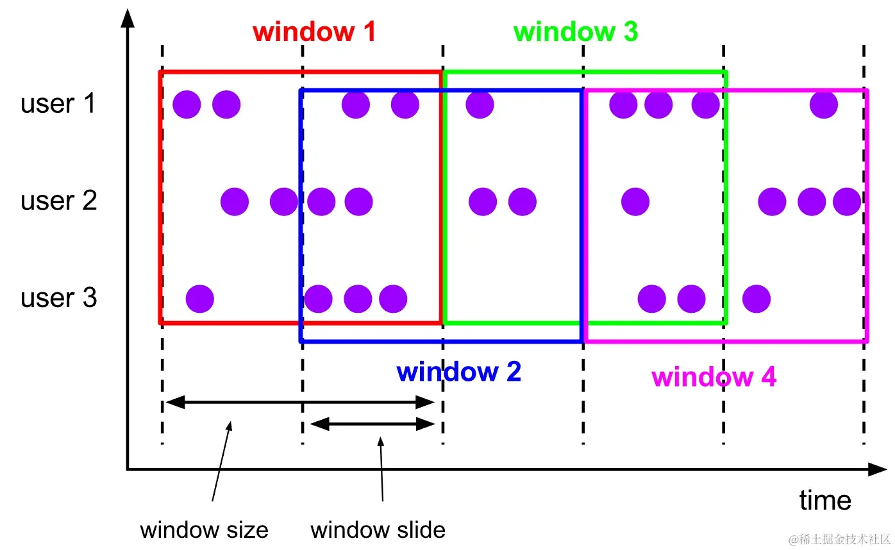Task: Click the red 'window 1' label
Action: point(314,31)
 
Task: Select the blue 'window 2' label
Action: point(458,372)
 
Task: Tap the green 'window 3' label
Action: point(576,31)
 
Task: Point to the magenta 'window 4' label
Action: point(714,377)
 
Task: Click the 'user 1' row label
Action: point(58,103)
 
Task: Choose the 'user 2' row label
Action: point(58,201)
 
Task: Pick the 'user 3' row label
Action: point(58,298)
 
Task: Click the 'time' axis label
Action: point(825,500)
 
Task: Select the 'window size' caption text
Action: point(204,530)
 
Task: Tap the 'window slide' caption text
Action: point(378,530)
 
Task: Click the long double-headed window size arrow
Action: point(300,403)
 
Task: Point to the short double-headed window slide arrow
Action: point(372,423)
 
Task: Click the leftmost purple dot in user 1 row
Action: point(187,104)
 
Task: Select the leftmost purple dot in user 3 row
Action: point(199,298)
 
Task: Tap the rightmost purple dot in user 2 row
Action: point(847,202)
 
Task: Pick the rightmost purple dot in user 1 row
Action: point(823,104)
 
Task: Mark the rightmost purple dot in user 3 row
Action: point(757,298)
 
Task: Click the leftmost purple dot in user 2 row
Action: point(235,202)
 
